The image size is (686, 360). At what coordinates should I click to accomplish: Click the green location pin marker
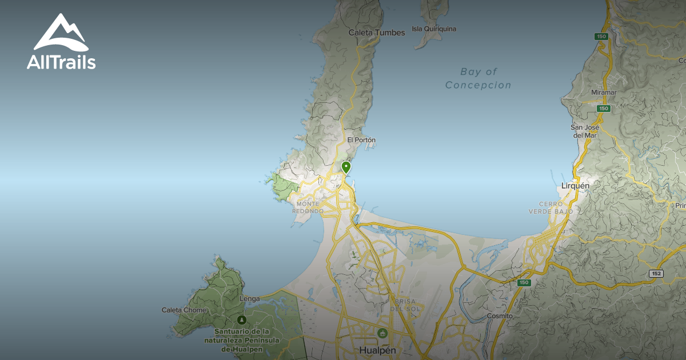[346, 167]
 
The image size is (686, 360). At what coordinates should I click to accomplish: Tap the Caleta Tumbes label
[377, 33]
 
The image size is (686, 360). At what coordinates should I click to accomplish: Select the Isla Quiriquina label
[434, 29]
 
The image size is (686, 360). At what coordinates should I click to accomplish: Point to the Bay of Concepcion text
[478, 78]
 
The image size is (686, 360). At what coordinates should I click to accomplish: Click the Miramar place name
[604, 92]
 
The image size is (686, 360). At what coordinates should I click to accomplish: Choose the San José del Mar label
[584, 131]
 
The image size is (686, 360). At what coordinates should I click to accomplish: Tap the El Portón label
[361, 140]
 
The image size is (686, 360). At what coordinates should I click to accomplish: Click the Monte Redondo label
[308, 207]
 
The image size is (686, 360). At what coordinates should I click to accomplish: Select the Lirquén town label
[575, 186]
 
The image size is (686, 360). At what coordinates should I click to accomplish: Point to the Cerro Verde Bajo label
[556, 207]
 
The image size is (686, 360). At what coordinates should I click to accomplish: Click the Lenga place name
[250, 298]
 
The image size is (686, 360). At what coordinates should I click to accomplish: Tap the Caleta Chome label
[184, 310]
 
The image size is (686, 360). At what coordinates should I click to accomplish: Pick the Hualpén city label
[378, 350]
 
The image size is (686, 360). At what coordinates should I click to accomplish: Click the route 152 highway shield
[656, 274]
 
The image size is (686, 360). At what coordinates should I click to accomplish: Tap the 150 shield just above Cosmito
[524, 282]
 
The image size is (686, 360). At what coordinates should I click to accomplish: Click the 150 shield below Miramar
[603, 108]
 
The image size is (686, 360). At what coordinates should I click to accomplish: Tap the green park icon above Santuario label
[242, 320]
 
